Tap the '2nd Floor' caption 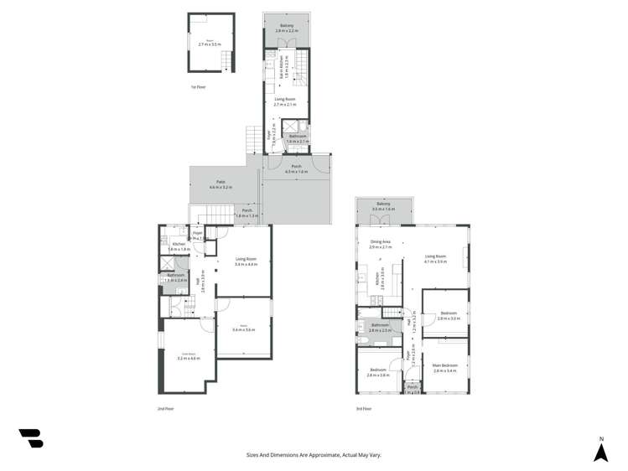point(165,408)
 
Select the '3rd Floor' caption point(363,408)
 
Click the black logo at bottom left point(31,437)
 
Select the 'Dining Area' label point(381,245)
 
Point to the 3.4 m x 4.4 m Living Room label point(246,261)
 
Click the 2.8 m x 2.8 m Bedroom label point(378,372)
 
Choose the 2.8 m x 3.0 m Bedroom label point(448,316)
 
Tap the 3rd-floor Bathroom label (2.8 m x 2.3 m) point(380,328)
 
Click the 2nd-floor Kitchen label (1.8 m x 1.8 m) point(179,246)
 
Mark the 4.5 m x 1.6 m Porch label point(296,168)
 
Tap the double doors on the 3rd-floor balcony point(383,220)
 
